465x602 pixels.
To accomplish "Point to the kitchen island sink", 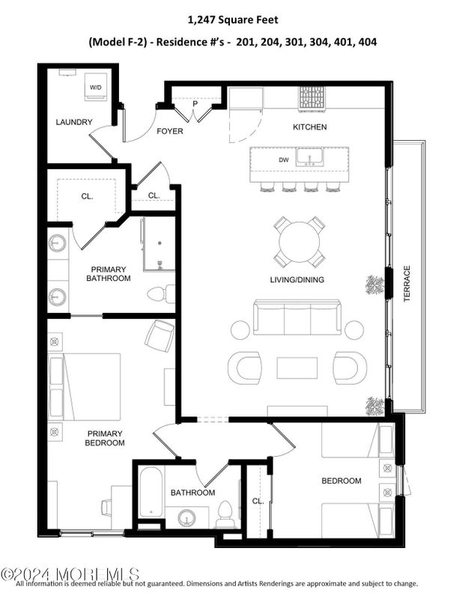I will pyautogui.click(x=309, y=157).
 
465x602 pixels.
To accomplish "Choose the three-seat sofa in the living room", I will pyautogui.click(x=297, y=317).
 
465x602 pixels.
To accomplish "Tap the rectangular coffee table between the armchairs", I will pyautogui.click(x=297, y=368).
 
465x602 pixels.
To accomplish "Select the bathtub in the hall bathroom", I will pyautogui.click(x=151, y=492).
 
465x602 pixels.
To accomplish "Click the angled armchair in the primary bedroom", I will pyautogui.click(x=159, y=335).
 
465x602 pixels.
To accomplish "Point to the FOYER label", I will pyautogui.click(x=170, y=132).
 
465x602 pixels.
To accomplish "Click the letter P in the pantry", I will pyautogui.click(x=195, y=105).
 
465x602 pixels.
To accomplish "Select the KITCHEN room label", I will pyautogui.click(x=309, y=127).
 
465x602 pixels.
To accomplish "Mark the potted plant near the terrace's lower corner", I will pyautogui.click(x=374, y=405).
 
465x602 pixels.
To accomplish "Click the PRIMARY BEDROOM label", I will pyautogui.click(x=106, y=438).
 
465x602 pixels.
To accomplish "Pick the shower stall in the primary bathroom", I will pyautogui.click(x=159, y=243).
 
